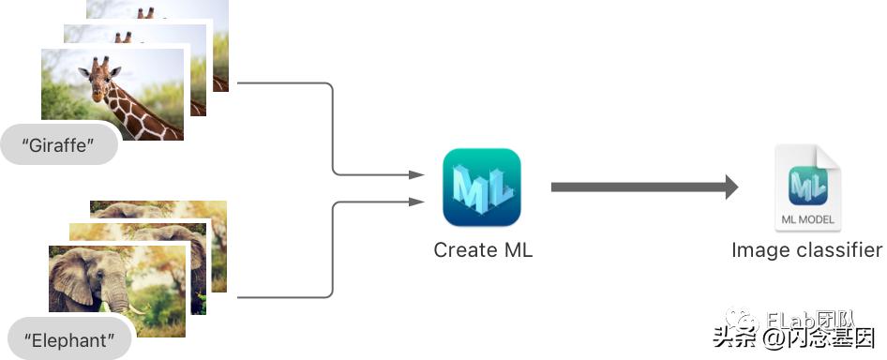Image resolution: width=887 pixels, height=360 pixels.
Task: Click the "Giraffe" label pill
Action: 60,147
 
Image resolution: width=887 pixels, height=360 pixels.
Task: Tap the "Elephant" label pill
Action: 66,340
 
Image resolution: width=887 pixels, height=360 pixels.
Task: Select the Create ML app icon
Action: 482,187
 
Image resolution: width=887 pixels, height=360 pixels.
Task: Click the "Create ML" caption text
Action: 483,250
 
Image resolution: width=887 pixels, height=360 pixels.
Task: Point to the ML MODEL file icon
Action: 807,188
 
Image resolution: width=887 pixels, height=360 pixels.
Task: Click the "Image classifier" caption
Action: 806,250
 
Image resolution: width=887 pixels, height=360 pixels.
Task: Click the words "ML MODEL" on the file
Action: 807,220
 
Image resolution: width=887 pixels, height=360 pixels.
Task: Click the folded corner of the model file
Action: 831,156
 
